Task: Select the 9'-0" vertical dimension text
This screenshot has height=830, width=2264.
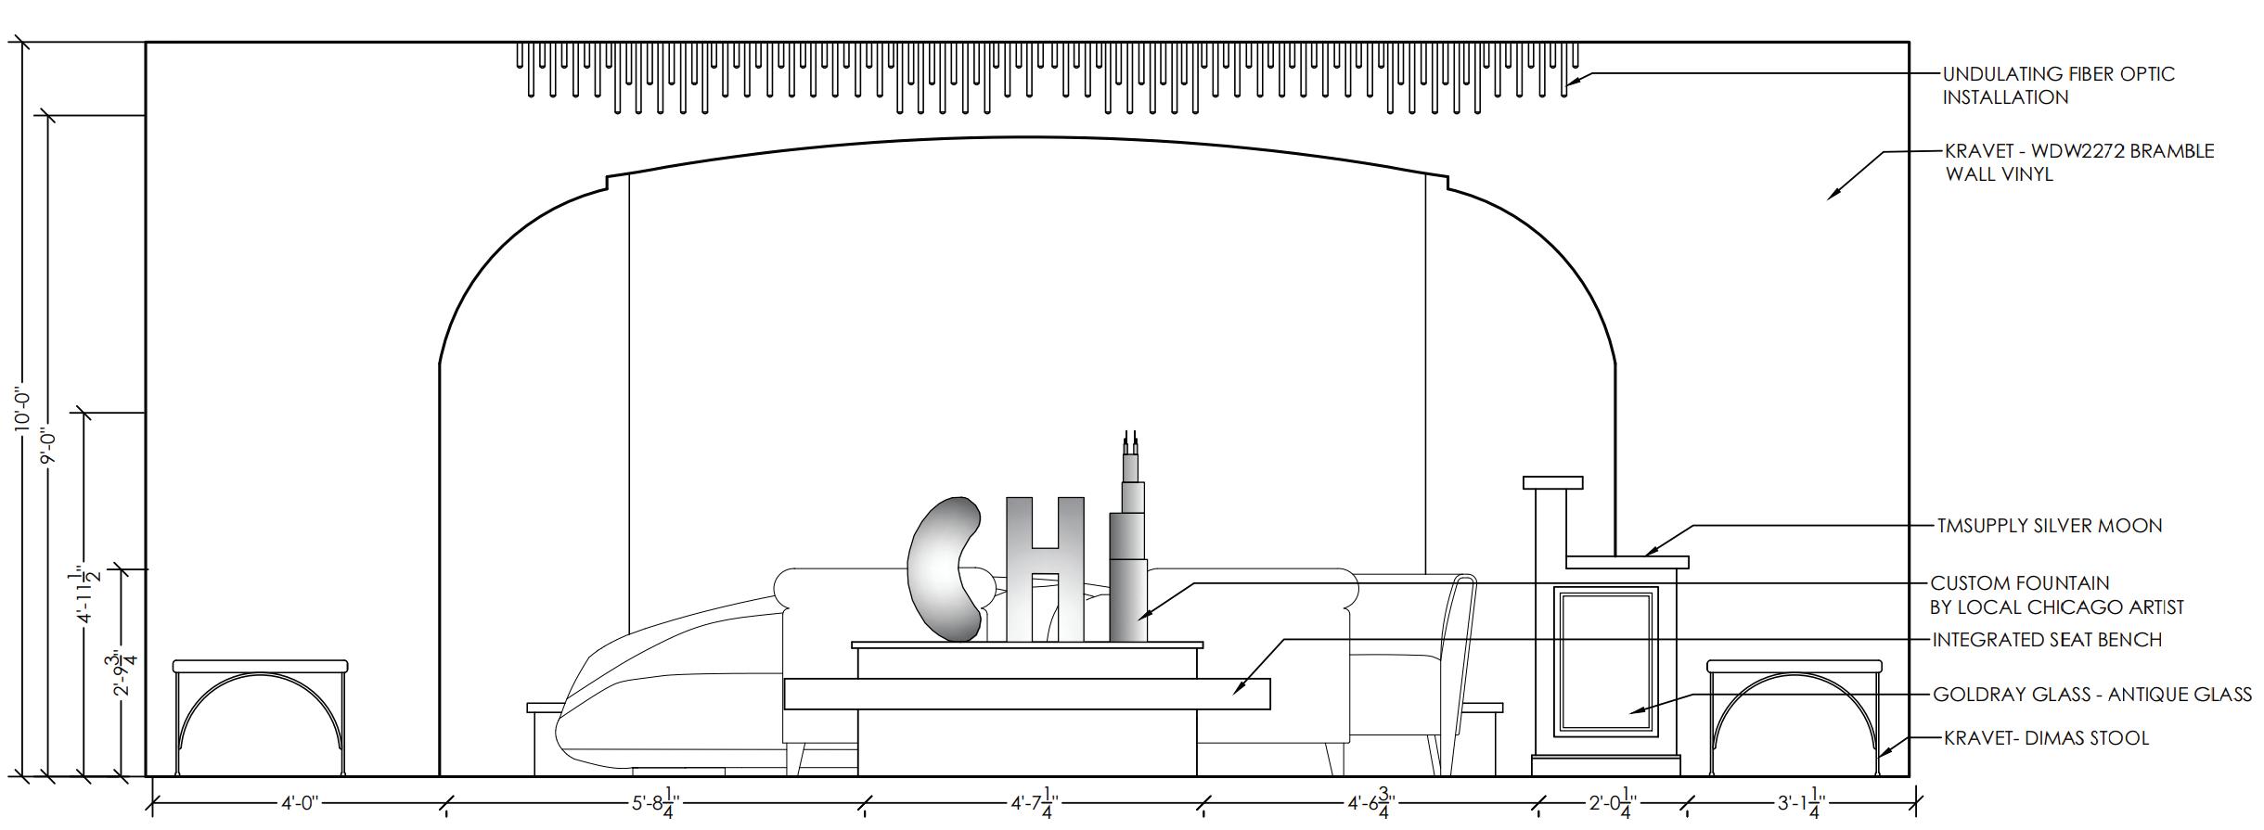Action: (48, 448)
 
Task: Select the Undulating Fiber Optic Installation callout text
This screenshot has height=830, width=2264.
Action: (2058, 85)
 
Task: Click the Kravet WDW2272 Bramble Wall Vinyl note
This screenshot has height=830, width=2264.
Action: (2079, 162)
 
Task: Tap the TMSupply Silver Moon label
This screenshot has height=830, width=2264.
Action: (2050, 526)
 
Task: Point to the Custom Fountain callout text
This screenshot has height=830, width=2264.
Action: (2057, 595)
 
